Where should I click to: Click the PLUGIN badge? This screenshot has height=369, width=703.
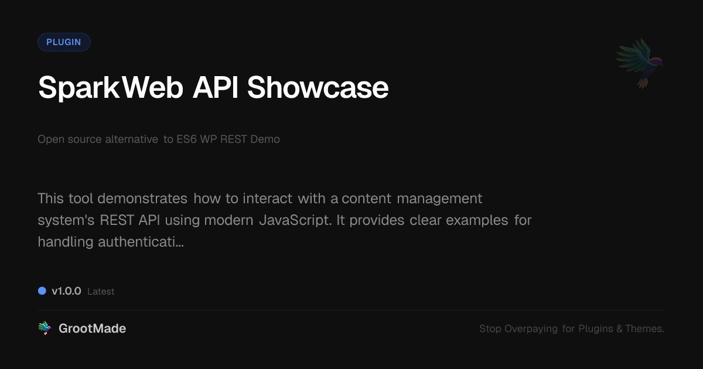point(64,42)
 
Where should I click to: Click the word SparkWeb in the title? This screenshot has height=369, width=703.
point(109,88)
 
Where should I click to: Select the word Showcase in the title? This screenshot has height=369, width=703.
point(318,88)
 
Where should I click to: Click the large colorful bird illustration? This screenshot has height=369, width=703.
point(640,62)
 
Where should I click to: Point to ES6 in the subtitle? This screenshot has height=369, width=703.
point(188,139)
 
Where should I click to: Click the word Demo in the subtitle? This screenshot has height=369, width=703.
point(265,139)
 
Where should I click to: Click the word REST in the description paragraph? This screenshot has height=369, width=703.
point(115,220)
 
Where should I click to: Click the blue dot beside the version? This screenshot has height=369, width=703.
point(42,291)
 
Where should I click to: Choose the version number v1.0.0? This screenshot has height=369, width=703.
point(66,291)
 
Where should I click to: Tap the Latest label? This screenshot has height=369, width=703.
point(101,292)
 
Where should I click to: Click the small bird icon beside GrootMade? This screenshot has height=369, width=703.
point(45,329)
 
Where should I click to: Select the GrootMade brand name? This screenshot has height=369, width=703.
point(92,329)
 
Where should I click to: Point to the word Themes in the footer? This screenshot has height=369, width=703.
point(644,329)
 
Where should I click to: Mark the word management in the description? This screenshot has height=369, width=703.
point(439,199)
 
